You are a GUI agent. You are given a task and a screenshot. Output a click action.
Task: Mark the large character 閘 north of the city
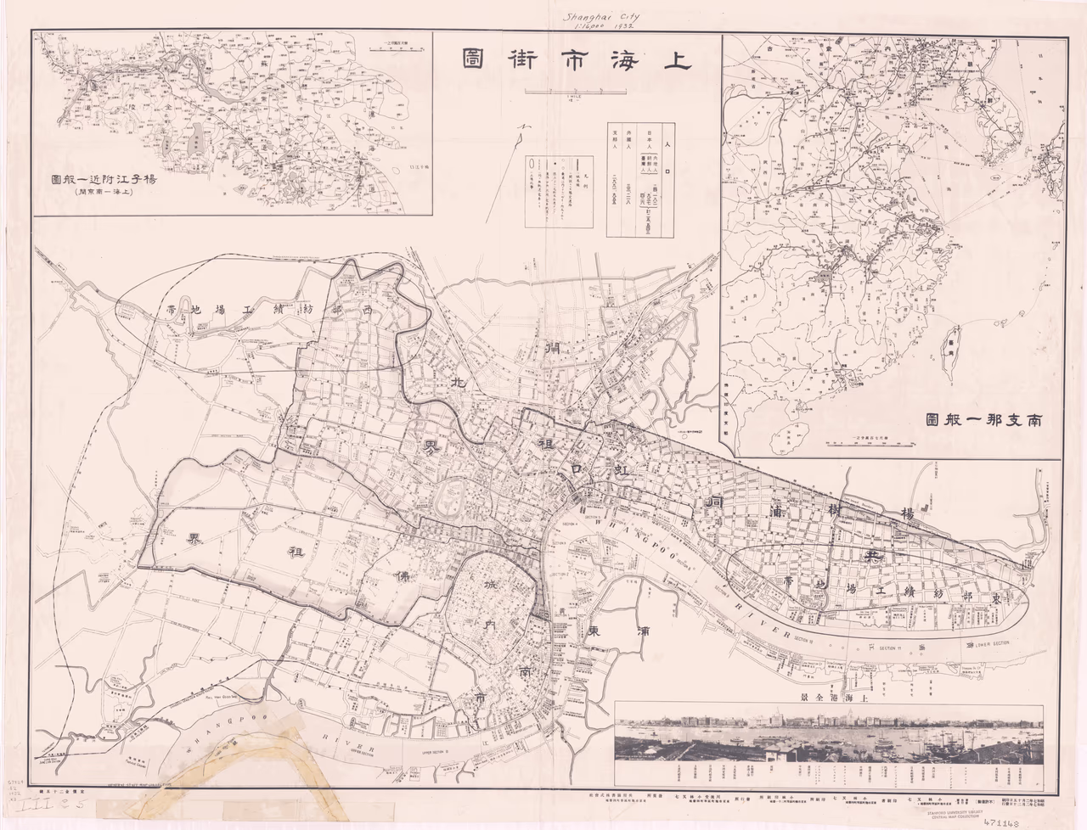[x=555, y=347]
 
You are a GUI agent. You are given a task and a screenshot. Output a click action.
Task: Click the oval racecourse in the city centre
[x=451, y=498]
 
